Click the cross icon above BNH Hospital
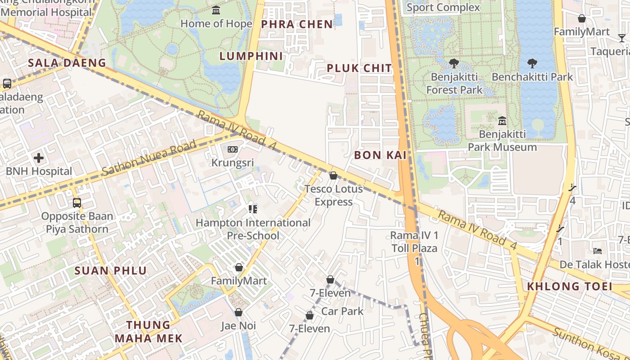coord(39,158)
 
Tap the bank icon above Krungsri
coord(232,149)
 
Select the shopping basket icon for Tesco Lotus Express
coord(333,175)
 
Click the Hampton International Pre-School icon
coord(252,209)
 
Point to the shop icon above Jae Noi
coord(238,312)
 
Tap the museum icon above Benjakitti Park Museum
coord(502,121)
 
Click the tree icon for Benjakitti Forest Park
coord(454,63)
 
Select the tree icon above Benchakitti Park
coord(532,63)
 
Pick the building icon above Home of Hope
coord(216,10)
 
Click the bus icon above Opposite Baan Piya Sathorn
coord(77,202)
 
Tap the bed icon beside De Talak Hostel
coord(598,251)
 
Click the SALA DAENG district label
coord(67,63)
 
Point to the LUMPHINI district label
coord(251,56)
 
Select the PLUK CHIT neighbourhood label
coord(359,68)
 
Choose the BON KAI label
coord(380,155)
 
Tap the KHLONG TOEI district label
coord(569,286)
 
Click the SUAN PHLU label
coord(111,270)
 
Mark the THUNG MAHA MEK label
coord(148,332)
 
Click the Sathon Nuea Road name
coord(149,157)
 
